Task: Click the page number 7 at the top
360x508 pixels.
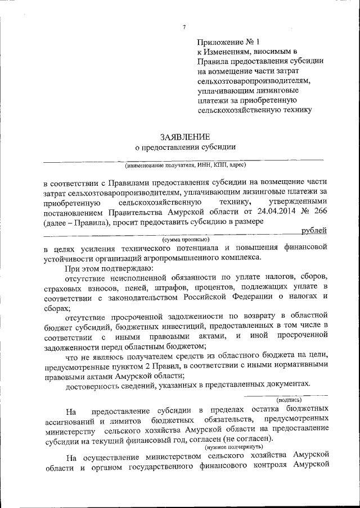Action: (184, 28)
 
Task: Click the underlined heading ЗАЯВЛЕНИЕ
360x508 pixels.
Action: (185, 136)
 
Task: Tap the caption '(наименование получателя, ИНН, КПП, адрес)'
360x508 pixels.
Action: (185, 166)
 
